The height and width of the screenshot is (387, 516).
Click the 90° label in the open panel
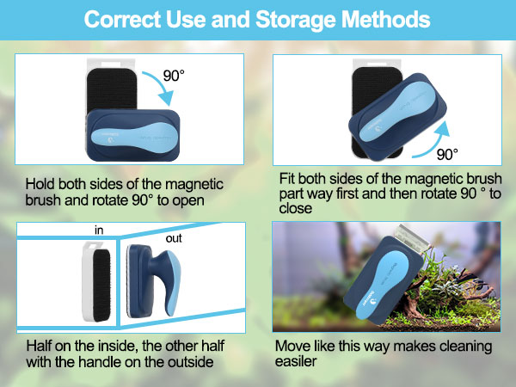click(175, 77)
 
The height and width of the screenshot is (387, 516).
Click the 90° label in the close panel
click(447, 155)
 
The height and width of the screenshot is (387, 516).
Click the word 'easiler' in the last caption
click(295, 363)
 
